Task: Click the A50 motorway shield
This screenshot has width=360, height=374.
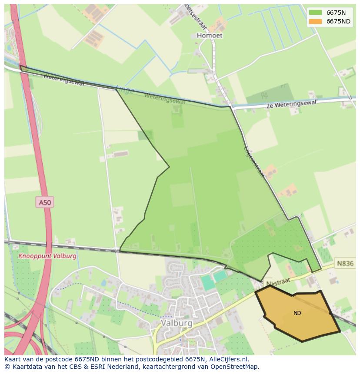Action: click(x=44, y=202)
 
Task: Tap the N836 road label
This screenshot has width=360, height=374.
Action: click(x=345, y=263)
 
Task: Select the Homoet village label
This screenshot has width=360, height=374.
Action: click(x=210, y=36)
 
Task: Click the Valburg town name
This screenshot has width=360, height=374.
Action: click(x=176, y=323)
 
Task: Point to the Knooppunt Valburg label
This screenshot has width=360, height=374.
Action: click(x=47, y=256)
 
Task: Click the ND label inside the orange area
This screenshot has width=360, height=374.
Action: click(x=297, y=313)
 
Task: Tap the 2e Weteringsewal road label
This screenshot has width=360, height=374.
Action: click(x=291, y=104)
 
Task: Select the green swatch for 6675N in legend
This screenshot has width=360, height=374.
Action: click(x=315, y=13)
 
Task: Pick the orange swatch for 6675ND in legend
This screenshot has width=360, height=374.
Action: click(x=315, y=21)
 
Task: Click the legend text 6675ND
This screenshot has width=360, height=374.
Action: click(x=338, y=21)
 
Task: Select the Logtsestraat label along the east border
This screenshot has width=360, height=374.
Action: click(x=254, y=161)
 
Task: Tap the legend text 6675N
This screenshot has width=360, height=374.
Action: click(x=336, y=13)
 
